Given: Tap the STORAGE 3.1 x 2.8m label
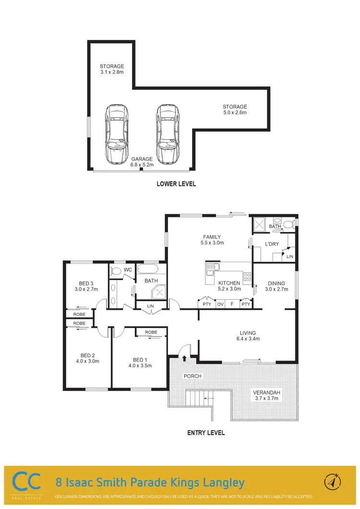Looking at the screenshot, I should tap(112, 69).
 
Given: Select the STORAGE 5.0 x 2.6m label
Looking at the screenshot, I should tap(235, 109).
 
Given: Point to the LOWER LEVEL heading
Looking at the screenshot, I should tap(176, 184).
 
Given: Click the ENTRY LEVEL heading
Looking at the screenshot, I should tap(205, 433).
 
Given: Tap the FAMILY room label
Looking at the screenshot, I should tap(212, 240).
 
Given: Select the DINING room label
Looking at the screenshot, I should tap(276, 286).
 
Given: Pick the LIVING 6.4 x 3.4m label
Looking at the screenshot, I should tap(248, 336).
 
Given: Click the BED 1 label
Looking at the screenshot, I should tap(140, 362).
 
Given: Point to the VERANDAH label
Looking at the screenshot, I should tap(266, 396).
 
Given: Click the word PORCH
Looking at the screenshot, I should tap(193, 376).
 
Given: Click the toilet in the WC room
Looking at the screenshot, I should tap(115, 272).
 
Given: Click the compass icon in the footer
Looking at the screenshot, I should tap(335, 482).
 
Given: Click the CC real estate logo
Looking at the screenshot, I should tap(25, 483).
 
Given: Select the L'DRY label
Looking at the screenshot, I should tap(272, 245).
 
